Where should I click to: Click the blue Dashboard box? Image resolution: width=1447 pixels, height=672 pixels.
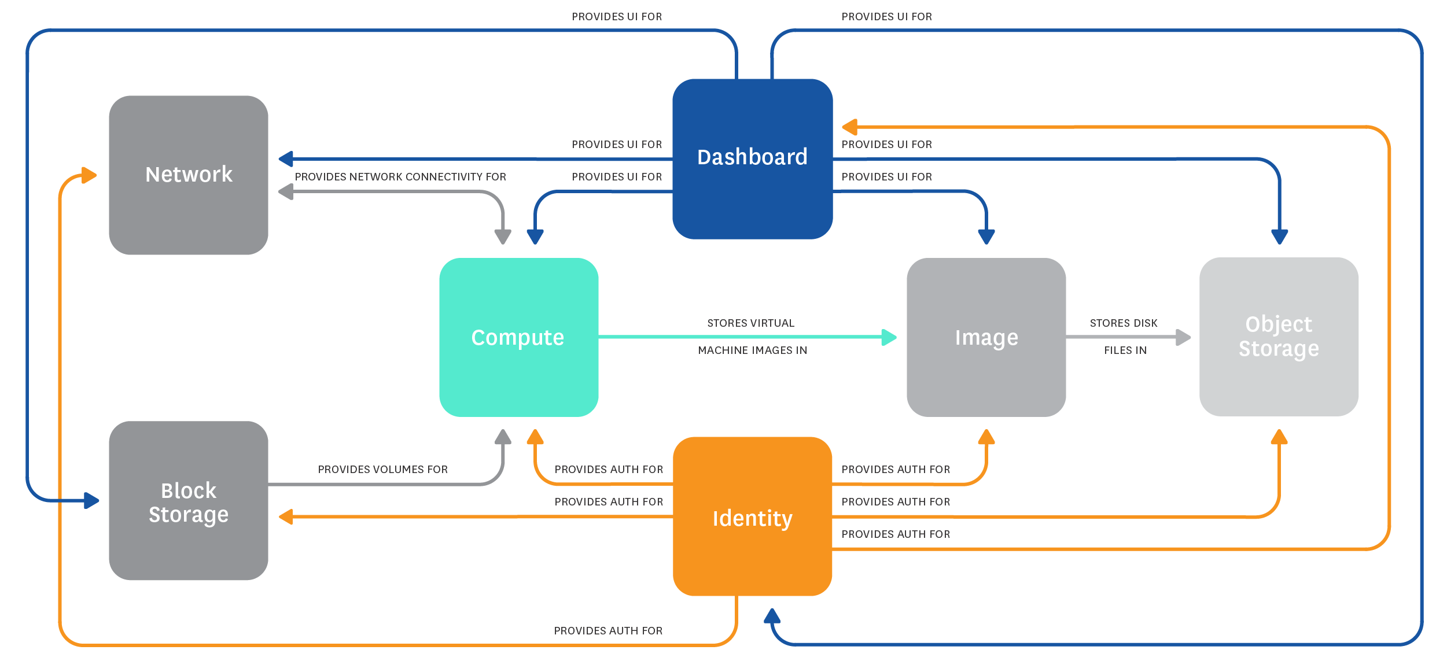[752, 158]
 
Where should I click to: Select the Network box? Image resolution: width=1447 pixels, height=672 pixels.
[189, 175]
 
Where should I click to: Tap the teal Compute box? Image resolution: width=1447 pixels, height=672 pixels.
[518, 337]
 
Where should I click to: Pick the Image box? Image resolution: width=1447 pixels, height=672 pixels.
[986, 337]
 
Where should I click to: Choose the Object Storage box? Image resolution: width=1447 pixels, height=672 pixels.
[1279, 337]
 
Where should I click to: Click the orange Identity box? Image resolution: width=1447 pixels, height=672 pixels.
[752, 516]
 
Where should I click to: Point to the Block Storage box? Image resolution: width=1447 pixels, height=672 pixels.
[189, 501]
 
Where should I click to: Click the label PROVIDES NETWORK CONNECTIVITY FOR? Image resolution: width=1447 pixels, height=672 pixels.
[400, 177]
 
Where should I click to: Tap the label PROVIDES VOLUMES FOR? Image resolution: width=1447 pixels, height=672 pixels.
[382, 470]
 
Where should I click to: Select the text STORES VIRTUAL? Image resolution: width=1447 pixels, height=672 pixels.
[750, 323]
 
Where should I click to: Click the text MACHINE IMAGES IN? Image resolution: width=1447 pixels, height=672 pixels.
[752, 350]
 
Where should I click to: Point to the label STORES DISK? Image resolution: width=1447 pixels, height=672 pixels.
[1124, 323]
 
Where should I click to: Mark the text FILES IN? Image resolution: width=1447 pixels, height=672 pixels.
[1125, 350]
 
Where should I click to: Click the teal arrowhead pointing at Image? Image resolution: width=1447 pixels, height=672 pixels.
[889, 337]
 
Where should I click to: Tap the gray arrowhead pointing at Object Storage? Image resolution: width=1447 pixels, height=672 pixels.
[1183, 337]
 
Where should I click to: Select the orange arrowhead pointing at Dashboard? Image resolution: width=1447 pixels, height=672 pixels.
[849, 127]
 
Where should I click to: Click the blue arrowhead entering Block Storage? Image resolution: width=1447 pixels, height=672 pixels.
[91, 500]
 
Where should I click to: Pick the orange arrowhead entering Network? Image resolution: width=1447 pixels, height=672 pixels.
[89, 175]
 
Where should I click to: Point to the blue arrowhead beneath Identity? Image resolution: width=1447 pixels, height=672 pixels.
[772, 616]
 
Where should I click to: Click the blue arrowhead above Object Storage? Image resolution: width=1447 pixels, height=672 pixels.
[1279, 237]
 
